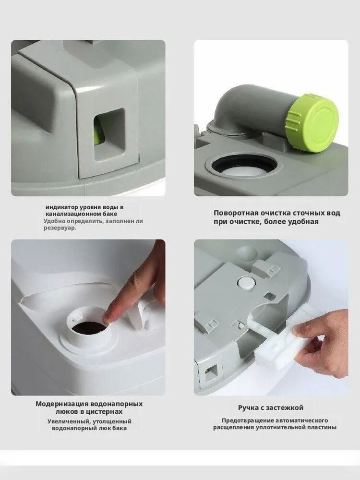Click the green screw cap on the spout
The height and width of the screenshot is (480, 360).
pos(312,122)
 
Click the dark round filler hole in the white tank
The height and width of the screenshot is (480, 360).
pos(89,328)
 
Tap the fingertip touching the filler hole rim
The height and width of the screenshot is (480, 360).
pos(108,318)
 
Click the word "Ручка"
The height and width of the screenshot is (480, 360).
pos(249,408)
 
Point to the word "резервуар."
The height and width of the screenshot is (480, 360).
pos(60,228)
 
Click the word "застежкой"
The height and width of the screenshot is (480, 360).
pos(285,408)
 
